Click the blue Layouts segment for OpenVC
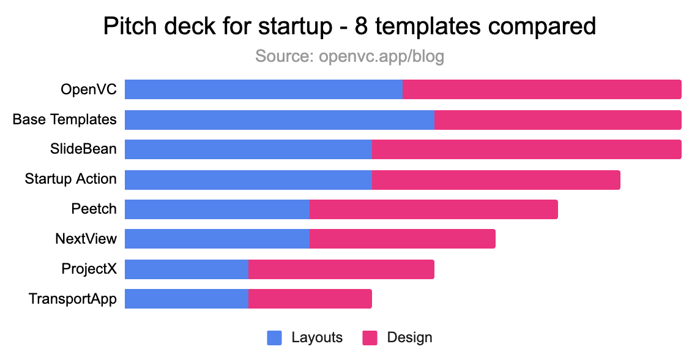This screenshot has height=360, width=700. point(264,89)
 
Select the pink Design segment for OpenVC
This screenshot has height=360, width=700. point(542,89)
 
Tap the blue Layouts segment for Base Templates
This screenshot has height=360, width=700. point(280,120)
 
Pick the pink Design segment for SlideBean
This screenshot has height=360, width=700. point(527,149)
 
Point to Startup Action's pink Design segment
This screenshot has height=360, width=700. point(496,179)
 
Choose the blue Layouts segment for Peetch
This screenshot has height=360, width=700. point(217,209)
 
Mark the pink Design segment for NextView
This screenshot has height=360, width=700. point(403,239)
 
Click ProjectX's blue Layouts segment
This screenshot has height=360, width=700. point(187,269)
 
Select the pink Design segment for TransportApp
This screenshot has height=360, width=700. point(310,299)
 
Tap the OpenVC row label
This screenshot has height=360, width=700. point(89,89)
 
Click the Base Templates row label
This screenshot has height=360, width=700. point(65,120)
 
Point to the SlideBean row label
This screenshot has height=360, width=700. point(83,149)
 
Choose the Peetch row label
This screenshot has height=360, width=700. point(94,209)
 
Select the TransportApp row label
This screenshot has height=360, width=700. point(73,299)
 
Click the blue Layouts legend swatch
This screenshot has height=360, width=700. point(275,338)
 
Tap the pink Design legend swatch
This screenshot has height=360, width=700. point(370,338)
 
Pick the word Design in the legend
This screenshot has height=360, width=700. point(409,338)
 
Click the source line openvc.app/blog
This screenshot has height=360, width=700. point(349,57)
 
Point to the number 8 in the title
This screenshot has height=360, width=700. point(361,26)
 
